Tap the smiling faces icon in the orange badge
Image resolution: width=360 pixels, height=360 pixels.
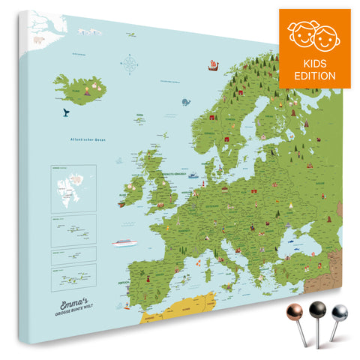(x=315, y=34)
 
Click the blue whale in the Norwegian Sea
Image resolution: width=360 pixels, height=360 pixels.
(x=183, y=100)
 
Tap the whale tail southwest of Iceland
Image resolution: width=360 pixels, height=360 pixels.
(x=66, y=112)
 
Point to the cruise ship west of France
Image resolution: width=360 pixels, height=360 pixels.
(x=123, y=242)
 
